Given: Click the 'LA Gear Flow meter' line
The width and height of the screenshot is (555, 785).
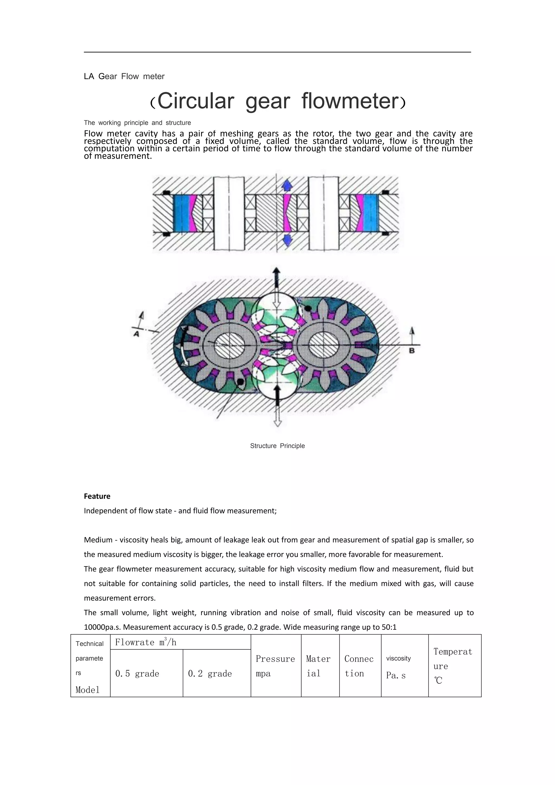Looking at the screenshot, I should point(124,76).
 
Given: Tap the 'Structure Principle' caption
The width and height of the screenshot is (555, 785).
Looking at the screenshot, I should point(277,446).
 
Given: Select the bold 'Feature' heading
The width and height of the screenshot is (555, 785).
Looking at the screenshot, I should point(97,496).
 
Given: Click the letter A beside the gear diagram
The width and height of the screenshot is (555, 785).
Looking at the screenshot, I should point(136,334).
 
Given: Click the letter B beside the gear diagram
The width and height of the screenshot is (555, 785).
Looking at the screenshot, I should point(412,351).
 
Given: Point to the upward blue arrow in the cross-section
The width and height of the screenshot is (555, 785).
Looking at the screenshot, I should point(287,186).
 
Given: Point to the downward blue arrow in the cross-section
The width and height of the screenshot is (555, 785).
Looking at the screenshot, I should point(287,241).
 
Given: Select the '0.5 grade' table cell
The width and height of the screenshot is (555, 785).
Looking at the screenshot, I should point(137,674).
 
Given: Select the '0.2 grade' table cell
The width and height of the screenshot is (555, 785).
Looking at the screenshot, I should point(210,674).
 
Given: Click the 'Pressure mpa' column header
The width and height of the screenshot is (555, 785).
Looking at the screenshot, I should point(275,666).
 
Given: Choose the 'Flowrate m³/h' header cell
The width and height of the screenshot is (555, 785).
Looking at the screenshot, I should point(146,642).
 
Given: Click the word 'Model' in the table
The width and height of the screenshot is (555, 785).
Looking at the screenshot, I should point(88,690).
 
